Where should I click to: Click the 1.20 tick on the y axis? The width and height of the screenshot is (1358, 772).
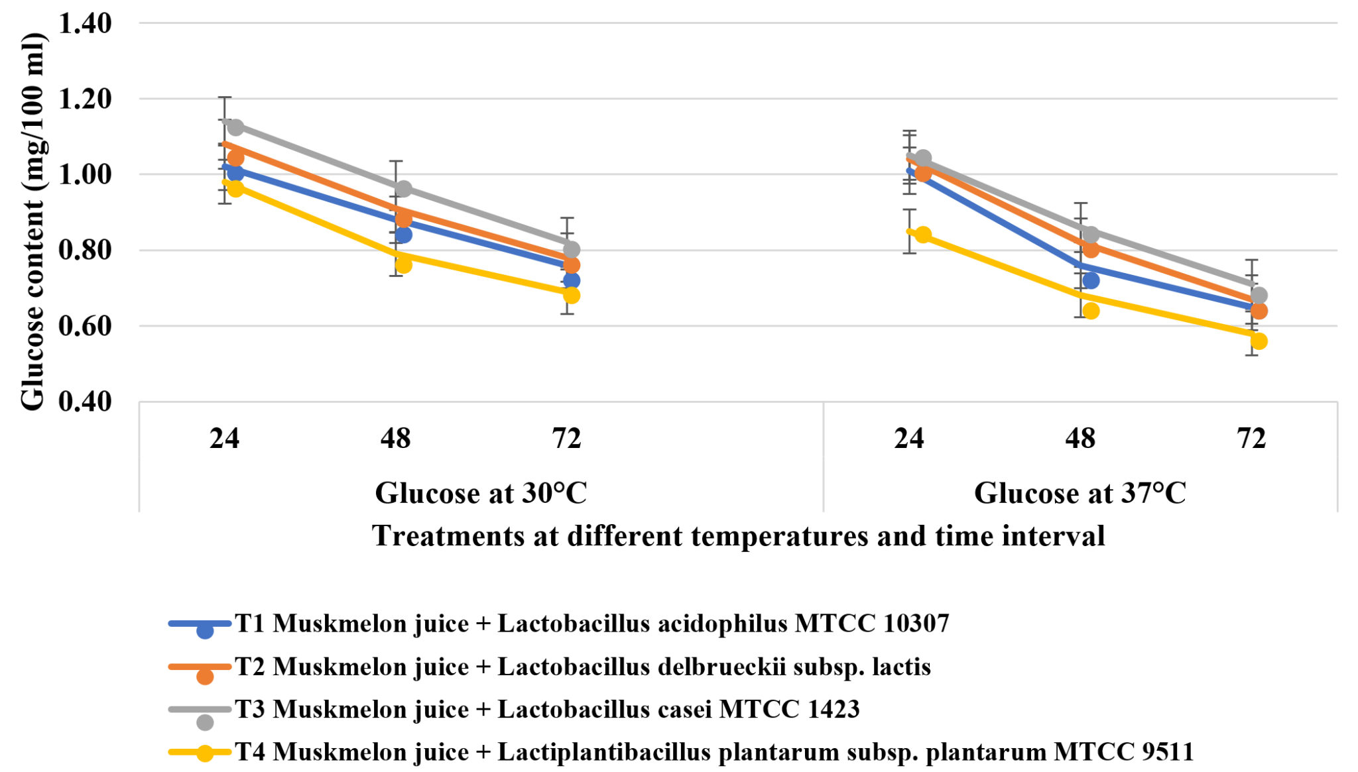pos(85,99)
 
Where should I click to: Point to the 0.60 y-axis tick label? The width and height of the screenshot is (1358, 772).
pos(85,326)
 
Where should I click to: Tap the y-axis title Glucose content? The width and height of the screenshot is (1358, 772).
pos(32,222)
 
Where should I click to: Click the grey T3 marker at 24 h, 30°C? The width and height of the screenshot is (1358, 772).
pos(235,127)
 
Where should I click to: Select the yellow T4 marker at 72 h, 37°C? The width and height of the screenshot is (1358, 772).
pos(1259,341)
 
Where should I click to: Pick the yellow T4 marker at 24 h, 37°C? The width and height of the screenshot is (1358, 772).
pos(923,235)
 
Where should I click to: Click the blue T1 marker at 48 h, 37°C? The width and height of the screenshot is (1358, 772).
pos(1091,280)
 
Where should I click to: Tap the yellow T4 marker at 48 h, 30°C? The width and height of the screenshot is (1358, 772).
pos(403,264)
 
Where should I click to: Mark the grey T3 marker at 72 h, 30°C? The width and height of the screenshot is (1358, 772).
pos(572,249)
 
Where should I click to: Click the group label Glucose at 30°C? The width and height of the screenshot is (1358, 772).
pos(481,493)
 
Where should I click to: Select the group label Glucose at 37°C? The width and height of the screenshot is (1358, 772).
pos(1080,493)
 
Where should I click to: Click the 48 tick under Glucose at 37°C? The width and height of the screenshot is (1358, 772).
pos(1080,439)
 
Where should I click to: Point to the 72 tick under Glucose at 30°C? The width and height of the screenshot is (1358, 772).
pos(566,439)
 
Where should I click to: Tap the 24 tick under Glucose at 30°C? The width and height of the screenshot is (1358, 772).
pos(224,439)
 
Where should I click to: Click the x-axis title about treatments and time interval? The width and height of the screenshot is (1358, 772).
pos(737,535)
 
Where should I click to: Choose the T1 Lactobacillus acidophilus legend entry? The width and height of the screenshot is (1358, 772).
pos(591,624)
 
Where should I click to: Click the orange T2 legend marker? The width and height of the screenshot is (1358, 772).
pos(205,676)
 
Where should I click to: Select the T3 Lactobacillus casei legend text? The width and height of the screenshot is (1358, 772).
pos(546,709)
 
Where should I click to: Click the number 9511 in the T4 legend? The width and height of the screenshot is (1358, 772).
pos(1168,751)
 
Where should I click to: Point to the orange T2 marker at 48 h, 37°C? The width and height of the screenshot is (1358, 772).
pos(1091,249)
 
